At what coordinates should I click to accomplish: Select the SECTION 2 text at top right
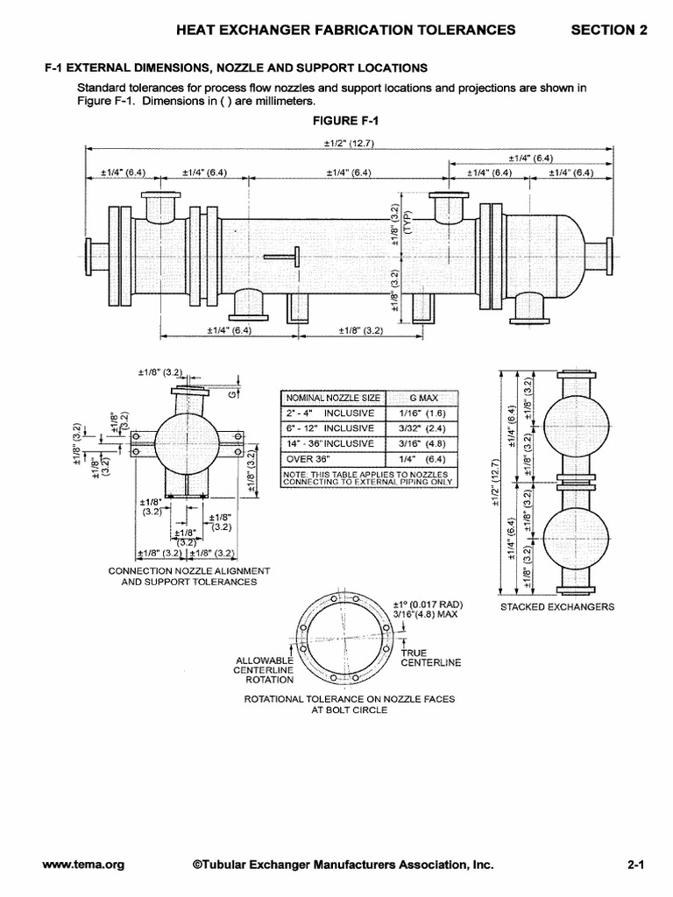pyautogui.click(x=609, y=30)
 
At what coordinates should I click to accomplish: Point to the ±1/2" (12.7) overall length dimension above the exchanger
pyautogui.click(x=349, y=143)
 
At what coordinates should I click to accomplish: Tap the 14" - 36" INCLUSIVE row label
pyautogui.click(x=329, y=443)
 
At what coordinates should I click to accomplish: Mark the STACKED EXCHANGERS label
pyautogui.click(x=557, y=606)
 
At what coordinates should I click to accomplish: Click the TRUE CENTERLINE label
pyautogui.click(x=429, y=658)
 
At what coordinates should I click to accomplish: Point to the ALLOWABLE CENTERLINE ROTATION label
pyautogui.click(x=264, y=669)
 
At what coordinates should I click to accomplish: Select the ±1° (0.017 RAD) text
pyautogui.click(x=427, y=604)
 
